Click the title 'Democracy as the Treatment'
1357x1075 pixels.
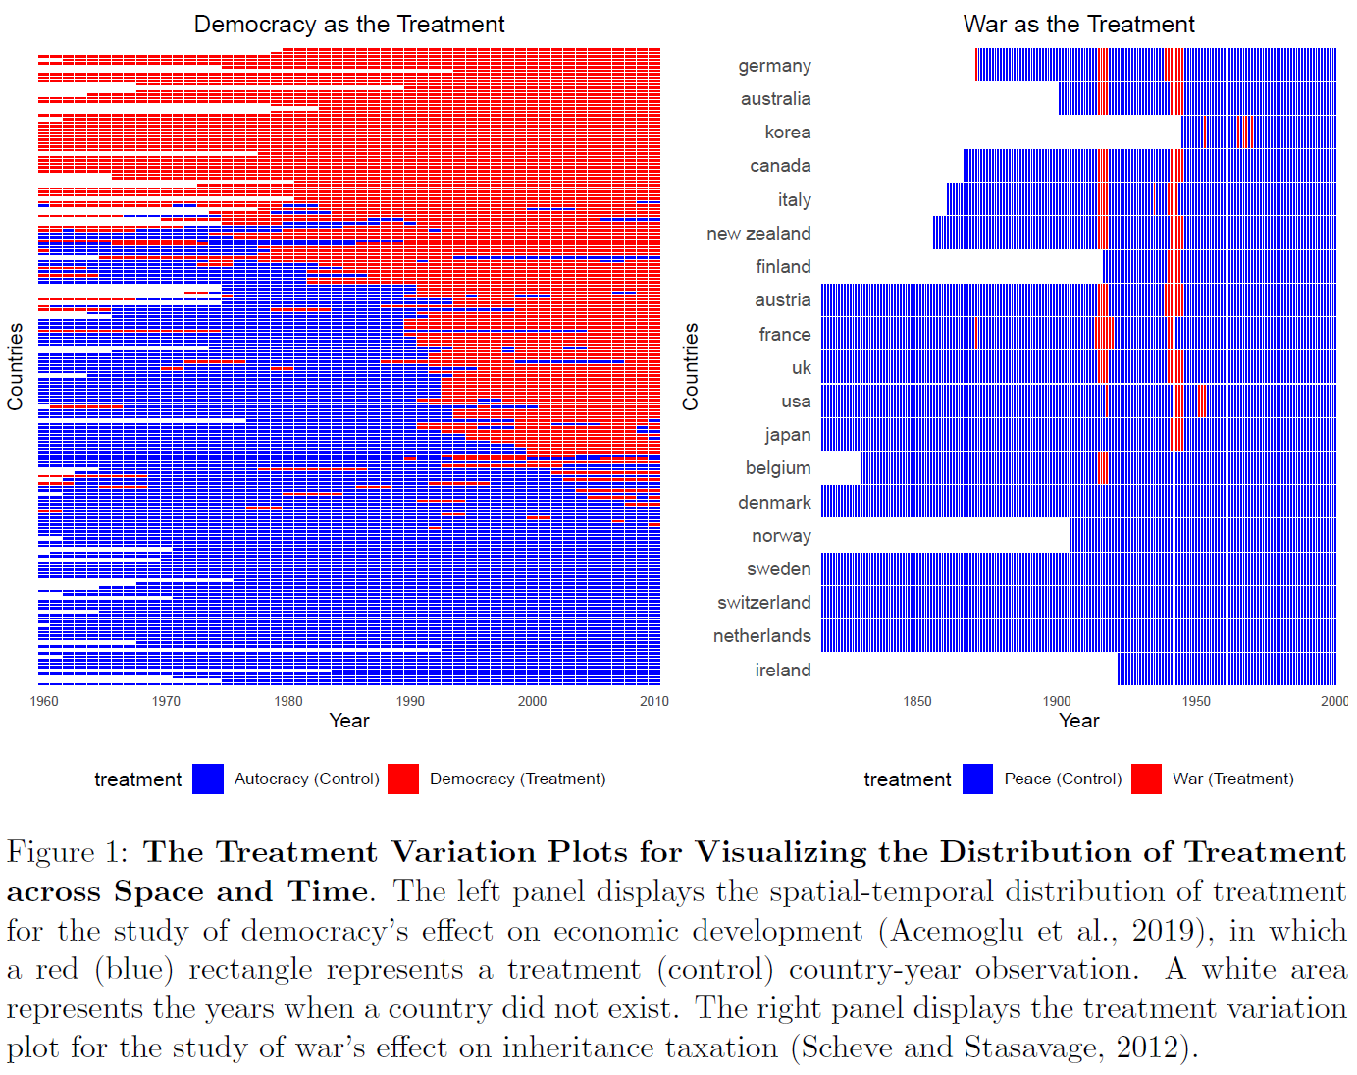(x=349, y=25)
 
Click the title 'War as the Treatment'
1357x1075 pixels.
(x=1078, y=25)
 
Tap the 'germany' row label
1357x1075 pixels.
(x=774, y=66)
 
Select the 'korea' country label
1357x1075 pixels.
(x=787, y=133)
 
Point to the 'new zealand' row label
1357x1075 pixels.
(x=758, y=234)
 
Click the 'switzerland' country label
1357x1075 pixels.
(x=763, y=603)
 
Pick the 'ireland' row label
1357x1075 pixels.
(x=782, y=671)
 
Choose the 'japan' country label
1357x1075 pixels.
(x=787, y=435)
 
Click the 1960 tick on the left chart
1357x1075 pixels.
(x=44, y=701)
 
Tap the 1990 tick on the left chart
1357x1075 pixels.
(x=410, y=701)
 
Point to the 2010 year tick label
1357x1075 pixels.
(x=653, y=701)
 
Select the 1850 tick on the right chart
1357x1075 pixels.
(x=917, y=701)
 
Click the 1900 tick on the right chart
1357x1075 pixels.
(x=1057, y=701)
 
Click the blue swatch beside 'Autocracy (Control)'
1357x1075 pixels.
(x=208, y=779)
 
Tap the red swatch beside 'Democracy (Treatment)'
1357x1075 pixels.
(x=403, y=779)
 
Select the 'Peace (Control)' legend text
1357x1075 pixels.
(x=1063, y=779)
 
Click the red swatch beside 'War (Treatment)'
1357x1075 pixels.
(x=1146, y=779)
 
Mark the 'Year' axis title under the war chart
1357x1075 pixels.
(x=1078, y=721)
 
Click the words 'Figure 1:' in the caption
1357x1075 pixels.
(x=67, y=852)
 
